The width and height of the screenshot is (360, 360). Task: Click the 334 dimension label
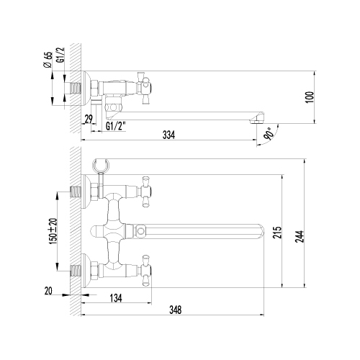pos(168,135)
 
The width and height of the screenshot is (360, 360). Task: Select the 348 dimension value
pos(176,310)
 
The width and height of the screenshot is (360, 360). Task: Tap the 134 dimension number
pos(116,298)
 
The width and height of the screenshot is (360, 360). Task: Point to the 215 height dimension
pos(277,232)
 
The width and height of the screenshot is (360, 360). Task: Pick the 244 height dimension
pos(300,236)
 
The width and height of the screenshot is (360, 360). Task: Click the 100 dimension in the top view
pos(310,97)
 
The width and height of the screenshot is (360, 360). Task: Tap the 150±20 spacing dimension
pos(53,231)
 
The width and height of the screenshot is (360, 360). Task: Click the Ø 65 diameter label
pos(48,60)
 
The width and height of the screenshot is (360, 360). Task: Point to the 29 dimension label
pos(89,120)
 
